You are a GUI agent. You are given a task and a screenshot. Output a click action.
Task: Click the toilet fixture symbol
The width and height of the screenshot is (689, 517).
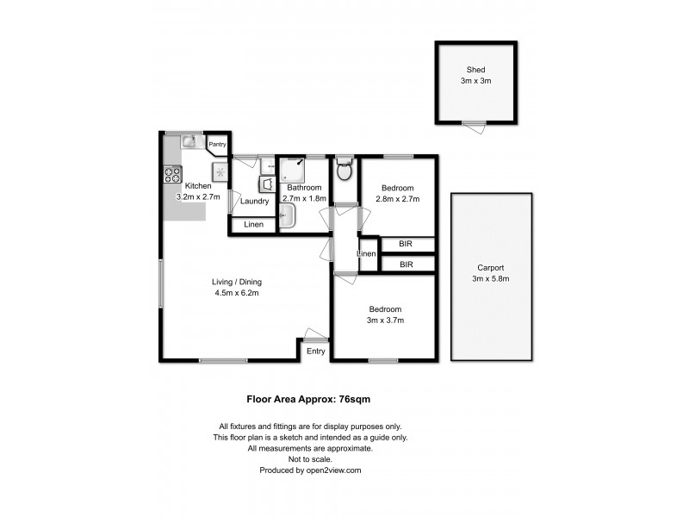[344, 170]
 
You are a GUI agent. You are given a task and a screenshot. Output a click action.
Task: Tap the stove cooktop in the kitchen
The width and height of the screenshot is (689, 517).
[171, 174]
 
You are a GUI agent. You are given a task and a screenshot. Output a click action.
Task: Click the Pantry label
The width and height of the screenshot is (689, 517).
[217, 145]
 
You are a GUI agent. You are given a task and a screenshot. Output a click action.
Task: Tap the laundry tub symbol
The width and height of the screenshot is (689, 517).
[267, 184]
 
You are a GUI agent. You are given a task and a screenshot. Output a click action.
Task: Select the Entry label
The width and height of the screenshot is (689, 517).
[316, 351]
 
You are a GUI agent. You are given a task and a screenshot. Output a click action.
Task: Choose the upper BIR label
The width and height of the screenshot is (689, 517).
[406, 245]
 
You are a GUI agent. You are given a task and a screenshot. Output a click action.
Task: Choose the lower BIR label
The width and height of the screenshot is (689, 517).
[406, 265]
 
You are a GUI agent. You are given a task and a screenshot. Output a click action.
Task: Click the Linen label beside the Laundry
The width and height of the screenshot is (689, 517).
[253, 226]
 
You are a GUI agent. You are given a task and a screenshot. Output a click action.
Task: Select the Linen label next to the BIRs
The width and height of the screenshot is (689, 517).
[367, 254]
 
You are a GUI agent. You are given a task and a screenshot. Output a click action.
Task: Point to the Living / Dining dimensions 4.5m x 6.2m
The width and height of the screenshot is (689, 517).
[237, 293]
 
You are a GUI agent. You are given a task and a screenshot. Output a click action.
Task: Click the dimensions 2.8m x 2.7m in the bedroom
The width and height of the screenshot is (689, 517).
[398, 200]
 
